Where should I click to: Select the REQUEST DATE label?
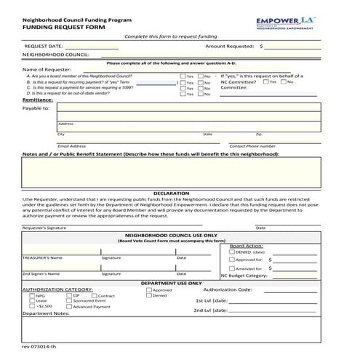[x=42, y=45]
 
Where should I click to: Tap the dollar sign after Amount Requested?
[x=261, y=45]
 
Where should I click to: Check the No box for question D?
[x=201, y=93]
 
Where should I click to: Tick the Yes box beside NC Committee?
[x=265, y=81]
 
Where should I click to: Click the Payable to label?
[x=36, y=108]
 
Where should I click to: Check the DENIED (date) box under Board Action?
[x=232, y=252]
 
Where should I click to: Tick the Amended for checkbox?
[x=232, y=268]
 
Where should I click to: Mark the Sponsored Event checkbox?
[x=69, y=300]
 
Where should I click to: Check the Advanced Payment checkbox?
[x=69, y=307]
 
